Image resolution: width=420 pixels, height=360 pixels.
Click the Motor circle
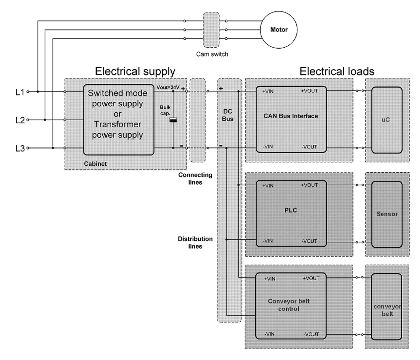tap(279, 30)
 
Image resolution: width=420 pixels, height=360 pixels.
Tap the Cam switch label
tap(212, 54)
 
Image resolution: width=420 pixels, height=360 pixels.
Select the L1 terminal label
tap(20, 92)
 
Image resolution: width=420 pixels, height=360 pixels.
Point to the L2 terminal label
tap(20, 120)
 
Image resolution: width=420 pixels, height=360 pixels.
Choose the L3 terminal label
tap(20, 148)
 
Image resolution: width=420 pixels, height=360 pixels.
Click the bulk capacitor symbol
tap(173, 120)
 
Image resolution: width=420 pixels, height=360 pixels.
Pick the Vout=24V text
tap(168, 87)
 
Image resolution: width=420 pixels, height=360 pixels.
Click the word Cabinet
tap(95, 164)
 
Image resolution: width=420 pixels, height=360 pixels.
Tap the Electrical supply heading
tap(135, 71)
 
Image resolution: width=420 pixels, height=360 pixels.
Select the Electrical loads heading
tap(337, 71)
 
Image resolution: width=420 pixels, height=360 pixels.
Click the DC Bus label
tap(228, 115)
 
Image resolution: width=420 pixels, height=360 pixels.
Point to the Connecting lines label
tap(195, 179)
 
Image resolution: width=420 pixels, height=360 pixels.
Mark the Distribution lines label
tap(195, 243)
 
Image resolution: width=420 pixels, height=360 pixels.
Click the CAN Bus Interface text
tap(291, 116)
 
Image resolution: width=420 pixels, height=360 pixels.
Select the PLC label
tap(291, 210)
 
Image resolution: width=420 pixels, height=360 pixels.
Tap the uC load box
tap(387, 120)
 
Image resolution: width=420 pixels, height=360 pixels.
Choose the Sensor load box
tap(387, 214)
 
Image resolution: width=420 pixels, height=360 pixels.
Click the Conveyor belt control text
tap(289, 305)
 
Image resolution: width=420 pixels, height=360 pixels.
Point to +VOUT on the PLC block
tap(309, 185)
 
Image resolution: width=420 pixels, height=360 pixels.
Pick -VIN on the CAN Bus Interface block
tap(268, 147)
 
